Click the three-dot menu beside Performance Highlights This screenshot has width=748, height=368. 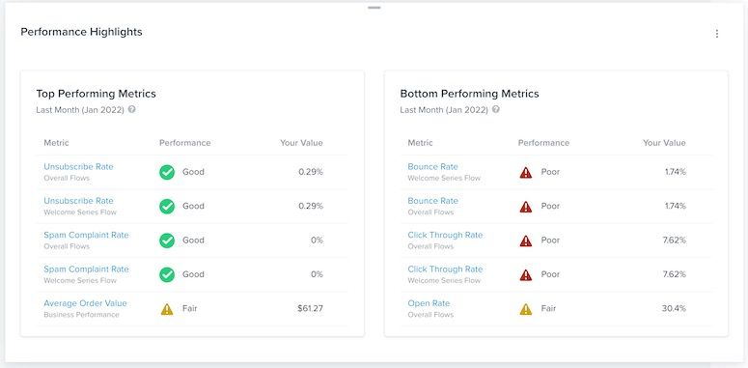click(716, 34)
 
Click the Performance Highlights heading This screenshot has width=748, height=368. click(81, 32)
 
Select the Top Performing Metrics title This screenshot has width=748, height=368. click(96, 94)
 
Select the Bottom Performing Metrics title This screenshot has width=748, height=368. click(469, 94)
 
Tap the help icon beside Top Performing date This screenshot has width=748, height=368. click(131, 109)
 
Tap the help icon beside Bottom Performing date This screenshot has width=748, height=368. click(495, 109)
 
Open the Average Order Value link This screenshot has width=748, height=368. click(85, 303)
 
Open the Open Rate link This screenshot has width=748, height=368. click(429, 303)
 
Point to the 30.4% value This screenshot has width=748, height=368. click(673, 309)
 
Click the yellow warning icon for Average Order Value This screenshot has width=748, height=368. click(167, 309)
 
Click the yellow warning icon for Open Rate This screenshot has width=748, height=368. click(526, 309)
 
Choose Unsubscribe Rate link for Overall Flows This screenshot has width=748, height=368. click(78, 166)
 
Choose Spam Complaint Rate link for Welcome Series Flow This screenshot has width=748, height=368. click(86, 269)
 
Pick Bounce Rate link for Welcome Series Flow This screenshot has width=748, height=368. click(432, 166)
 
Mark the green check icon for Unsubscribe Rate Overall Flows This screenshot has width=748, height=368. click(167, 172)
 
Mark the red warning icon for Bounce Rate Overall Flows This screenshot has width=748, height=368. click(526, 207)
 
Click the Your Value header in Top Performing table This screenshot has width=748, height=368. click(301, 143)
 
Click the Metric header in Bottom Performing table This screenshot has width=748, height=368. click(420, 143)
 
